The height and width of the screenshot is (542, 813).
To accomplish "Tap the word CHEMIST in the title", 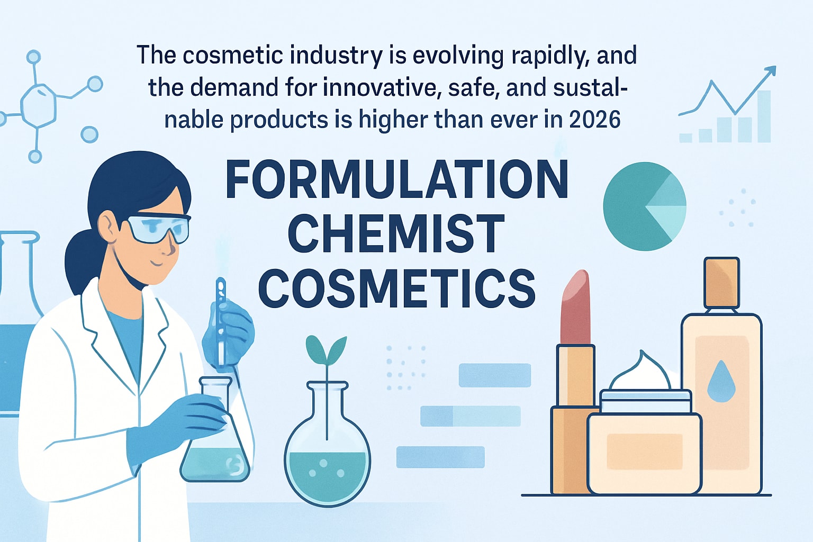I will coord(396,233).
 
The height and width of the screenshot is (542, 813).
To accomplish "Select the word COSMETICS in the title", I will coord(397,288).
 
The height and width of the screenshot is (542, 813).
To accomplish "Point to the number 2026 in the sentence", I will coord(594,120).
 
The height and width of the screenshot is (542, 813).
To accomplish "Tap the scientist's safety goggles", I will coord(159,228).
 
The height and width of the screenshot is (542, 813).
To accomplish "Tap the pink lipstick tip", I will coord(576,307).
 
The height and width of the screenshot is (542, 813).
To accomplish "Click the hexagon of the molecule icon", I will coord(38,105).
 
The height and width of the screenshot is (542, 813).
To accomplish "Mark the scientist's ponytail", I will coord(79,259).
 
